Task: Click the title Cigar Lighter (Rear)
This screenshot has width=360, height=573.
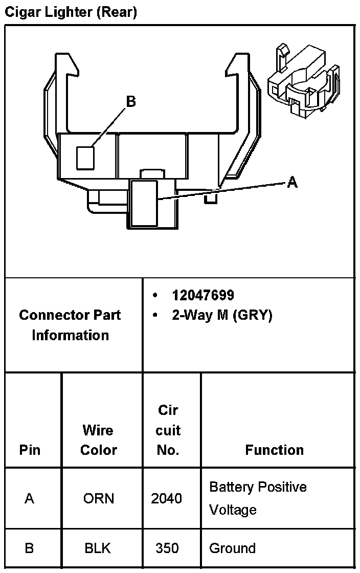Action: pos(71,12)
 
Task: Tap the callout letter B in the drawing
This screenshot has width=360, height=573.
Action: pos(131,102)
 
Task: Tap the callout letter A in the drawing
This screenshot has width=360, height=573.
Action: pos(292,182)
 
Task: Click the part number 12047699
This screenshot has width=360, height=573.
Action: pos(203,295)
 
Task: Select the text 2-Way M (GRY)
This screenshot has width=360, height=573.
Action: pos(222,316)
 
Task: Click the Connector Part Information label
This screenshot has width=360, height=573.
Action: pos(70,325)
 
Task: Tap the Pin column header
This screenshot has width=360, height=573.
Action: pos(30,450)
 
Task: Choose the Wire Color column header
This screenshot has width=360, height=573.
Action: pos(99,440)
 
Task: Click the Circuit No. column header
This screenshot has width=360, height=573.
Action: pos(168,430)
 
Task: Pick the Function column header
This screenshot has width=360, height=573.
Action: pos(275,450)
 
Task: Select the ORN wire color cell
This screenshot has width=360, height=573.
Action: pos(99,498)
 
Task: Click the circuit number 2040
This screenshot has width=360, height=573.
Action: pos(167,498)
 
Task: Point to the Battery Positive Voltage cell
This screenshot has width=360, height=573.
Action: pos(258,498)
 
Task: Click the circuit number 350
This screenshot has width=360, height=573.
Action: pos(167,548)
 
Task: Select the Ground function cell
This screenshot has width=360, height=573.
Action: pos(233,548)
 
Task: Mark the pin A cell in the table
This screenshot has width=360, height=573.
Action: pos(30,498)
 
